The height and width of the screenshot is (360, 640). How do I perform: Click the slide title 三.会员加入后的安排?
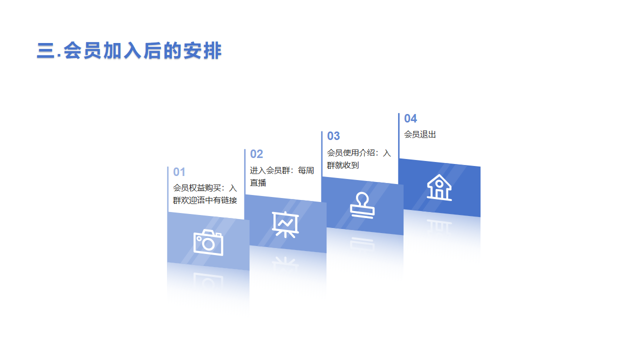[129, 50]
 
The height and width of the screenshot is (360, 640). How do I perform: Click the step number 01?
[179, 172]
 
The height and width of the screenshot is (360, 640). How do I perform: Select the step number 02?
[256, 154]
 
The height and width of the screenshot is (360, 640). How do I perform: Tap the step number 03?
[333, 136]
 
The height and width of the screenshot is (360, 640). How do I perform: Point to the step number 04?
[410, 118]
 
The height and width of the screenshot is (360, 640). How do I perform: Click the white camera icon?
[208, 242]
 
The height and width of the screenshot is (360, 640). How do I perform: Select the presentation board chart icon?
[285, 224]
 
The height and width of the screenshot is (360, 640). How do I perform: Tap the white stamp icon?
[362, 205]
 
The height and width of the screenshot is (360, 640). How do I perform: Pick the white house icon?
[439, 187]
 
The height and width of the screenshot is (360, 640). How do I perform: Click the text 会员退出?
[420, 134]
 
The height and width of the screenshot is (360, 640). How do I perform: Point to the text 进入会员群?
[270, 170]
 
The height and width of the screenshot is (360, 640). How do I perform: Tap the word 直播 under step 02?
[258, 183]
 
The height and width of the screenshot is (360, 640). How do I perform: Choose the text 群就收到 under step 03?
[343, 165]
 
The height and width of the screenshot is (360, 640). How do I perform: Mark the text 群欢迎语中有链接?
[205, 200]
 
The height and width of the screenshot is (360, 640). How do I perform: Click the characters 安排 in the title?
[202, 50]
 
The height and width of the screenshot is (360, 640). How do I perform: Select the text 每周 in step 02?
[306, 170]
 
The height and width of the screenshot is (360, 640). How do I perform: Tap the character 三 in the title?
[45, 50]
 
